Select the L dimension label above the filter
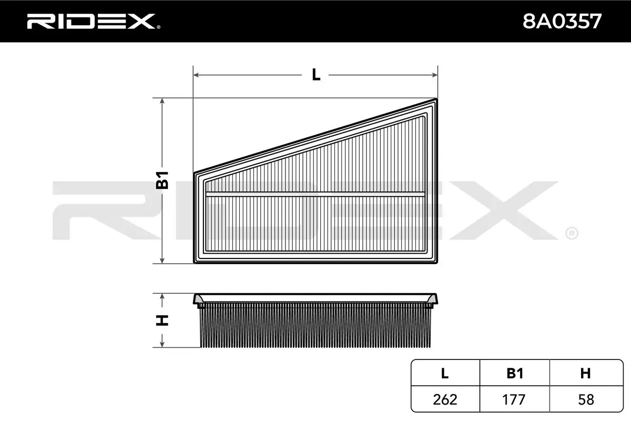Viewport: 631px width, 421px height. pyautogui.click(x=315, y=75)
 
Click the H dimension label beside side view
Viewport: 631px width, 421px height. pyautogui.click(x=162, y=320)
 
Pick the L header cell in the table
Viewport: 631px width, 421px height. pyautogui.click(x=445, y=374)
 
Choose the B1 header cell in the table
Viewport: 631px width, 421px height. pyautogui.click(x=515, y=374)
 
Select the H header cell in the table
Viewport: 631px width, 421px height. pyautogui.click(x=585, y=374)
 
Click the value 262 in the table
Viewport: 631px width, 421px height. pyautogui.click(x=445, y=399)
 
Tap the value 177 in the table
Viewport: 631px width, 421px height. pyautogui.click(x=515, y=399)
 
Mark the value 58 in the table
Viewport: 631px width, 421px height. pyautogui.click(x=585, y=399)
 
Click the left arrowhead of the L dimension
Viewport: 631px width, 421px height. pyautogui.click(x=197, y=75)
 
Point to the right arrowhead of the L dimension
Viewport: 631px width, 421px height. pyautogui.click(x=434, y=75)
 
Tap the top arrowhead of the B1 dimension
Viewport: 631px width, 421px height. pyautogui.click(x=162, y=101)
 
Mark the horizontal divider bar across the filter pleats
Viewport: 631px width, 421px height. pyautogui.click(x=315, y=194)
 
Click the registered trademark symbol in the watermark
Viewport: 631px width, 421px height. pyautogui.click(x=572, y=232)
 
